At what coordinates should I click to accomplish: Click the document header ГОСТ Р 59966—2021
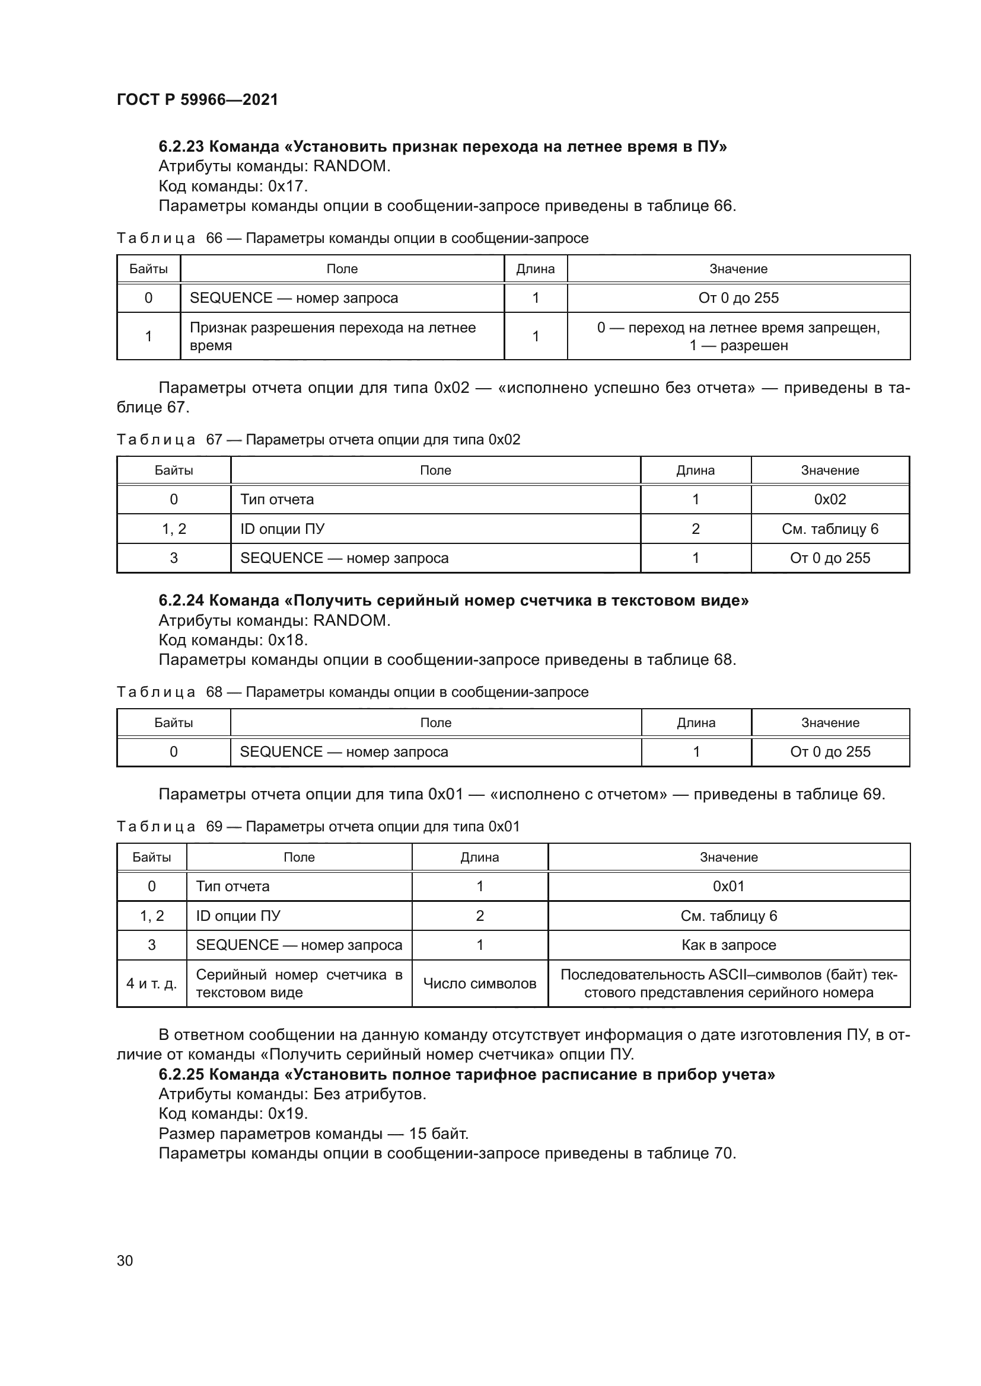click(x=198, y=100)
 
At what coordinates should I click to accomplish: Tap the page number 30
click(x=125, y=1260)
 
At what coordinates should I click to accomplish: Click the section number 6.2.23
click(x=181, y=147)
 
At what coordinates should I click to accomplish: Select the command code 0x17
click(x=288, y=186)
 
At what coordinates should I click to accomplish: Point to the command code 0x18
click(x=288, y=640)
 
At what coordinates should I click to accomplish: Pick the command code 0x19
click(x=288, y=1113)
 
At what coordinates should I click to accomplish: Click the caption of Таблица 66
click(x=352, y=238)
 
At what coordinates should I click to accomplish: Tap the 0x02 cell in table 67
click(x=830, y=499)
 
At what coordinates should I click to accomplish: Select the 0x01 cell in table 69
click(x=728, y=886)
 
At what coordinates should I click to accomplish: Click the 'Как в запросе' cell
click(x=728, y=945)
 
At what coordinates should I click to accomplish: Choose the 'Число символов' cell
click(x=480, y=984)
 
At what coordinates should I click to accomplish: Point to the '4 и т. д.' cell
click(x=152, y=984)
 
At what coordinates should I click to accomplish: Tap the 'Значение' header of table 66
click(x=738, y=269)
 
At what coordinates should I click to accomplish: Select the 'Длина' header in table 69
click(x=480, y=857)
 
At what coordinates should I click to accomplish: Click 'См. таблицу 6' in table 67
click(x=830, y=529)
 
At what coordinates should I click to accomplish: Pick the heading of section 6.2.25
click(x=466, y=1074)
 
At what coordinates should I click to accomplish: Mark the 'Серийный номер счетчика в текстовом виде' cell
click(x=299, y=984)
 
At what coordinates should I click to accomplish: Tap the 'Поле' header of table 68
click(x=435, y=722)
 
